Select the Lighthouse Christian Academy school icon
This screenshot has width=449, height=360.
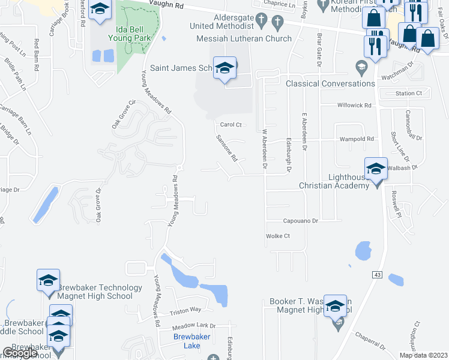(376, 169)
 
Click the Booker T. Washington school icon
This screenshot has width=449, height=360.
(335, 306)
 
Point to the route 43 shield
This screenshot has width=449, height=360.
(377, 274)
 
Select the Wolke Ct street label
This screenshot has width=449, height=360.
(277, 236)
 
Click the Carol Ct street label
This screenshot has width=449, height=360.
(231, 125)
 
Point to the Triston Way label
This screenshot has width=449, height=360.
(185, 310)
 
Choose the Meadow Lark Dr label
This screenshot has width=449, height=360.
(193, 326)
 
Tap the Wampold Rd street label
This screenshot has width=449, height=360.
(357, 139)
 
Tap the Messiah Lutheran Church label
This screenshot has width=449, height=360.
(244, 38)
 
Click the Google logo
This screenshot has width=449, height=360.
(20, 353)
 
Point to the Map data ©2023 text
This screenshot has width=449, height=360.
(423, 355)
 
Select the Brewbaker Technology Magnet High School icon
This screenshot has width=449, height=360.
(48, 281)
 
